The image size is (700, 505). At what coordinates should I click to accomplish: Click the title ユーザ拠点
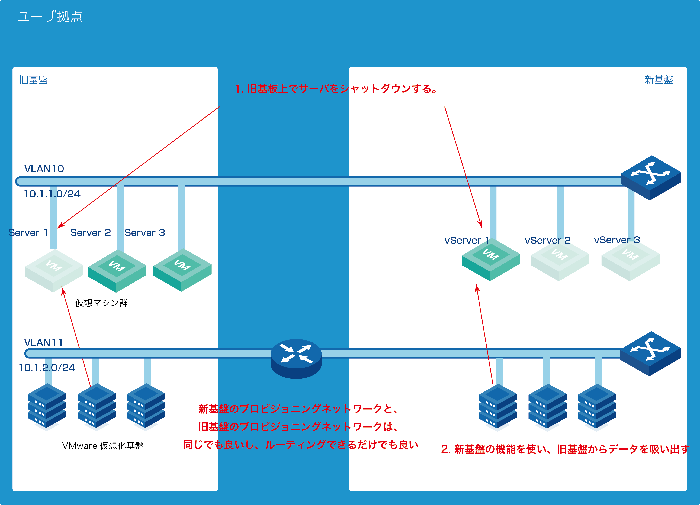50,17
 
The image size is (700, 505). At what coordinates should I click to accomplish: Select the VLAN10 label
44,169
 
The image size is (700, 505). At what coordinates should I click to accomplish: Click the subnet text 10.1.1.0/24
52,194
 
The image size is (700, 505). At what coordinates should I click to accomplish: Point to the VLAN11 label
44,342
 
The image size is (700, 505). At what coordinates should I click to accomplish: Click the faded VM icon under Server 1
54,270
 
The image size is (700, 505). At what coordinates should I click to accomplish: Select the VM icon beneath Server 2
117,270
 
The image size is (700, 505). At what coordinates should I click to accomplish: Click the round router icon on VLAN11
296,358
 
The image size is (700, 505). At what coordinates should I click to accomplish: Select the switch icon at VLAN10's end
651,177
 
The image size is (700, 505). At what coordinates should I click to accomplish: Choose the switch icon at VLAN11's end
650,353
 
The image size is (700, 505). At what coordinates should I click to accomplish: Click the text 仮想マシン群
101,303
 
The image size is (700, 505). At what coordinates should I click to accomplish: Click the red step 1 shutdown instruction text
336,89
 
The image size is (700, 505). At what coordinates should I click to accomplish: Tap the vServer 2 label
548,240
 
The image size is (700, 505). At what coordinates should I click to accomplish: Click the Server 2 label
90,233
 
